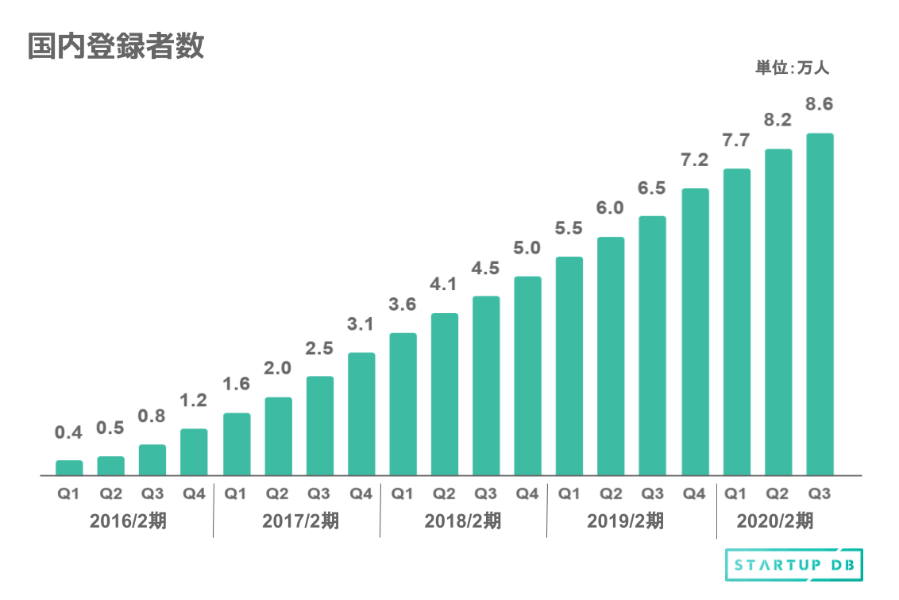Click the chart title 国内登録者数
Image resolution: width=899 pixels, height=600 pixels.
pyautogui.click(x=116, y=46)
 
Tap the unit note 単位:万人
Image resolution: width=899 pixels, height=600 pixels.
pyautogui.click(x=792, y=68)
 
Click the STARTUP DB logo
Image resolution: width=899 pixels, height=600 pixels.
pyautogui.click(x=794, y=565)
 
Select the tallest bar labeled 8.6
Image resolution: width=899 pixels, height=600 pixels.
pyautogui.click(x=820, y=304)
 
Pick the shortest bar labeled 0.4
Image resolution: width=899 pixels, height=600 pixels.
pyautogui.click(x=69, y=467)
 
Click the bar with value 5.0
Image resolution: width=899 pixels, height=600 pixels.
pyautogui.click(x=527, y=375)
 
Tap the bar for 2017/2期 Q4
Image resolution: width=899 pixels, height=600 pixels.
pyautogui.click(x=361, y=413)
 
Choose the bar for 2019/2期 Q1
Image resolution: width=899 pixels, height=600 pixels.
pyautogui.click(x=569, y=366)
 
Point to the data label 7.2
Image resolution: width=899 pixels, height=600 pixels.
pyautogui.click(x=695, y=160)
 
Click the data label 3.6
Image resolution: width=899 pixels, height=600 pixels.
pyautogui.click(x=403, y=304)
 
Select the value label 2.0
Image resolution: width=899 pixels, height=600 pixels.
pyautogui.click(x=278, y=368)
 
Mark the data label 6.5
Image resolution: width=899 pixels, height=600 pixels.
pyautogui.click(x=653, y=188)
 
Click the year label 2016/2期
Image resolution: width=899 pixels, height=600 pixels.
pyautogui.click(x=129, y=522)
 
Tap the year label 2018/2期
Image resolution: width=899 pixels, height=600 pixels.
pyautogui.click(x=463, y=522)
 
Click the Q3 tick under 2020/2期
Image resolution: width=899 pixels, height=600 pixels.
pyautogui.click(x=820, y=494)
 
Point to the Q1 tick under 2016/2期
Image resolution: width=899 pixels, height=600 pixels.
pyautogui.click(x=68, y=494)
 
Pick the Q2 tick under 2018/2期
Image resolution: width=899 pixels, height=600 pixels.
pyautogui.click(x=444, y=494)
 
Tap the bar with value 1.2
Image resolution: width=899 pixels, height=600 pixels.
pyautogui.click(x=194, y=451)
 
